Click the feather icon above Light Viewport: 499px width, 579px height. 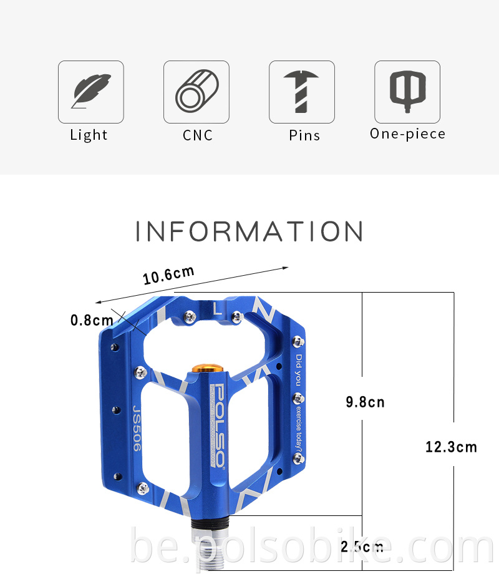tap(91, 92)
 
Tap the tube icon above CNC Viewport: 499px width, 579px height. tap(196, 92)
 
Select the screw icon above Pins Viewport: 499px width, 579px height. tap(302, 92)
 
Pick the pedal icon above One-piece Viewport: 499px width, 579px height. tap(407, 92)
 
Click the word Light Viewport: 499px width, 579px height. tap(89, 135)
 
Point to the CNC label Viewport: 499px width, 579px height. tap(198, 135)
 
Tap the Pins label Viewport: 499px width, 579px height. tap(304, 135)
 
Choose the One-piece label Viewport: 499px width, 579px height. tap(407, 134)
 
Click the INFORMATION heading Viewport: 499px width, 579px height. tap(249, 231)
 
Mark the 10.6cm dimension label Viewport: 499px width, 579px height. tap(168, 275)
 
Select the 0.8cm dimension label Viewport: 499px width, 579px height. tap(91, 320)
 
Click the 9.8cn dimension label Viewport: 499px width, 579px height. tap(365, 402)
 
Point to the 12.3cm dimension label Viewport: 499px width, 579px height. tap(451, 447)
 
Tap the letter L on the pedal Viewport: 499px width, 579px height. tap(216, 308)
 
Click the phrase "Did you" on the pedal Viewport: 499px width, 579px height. tap(299, 369)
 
